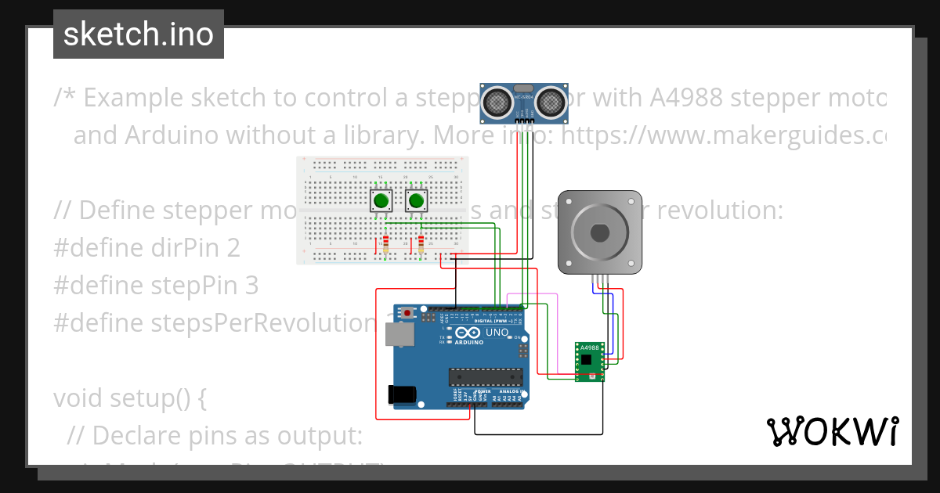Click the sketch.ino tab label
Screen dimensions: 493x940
click(139, 34)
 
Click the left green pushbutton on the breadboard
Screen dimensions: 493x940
click(381, 202)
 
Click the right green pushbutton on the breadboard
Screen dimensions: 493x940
click(417, 202)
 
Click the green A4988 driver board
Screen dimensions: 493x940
click(588, 362)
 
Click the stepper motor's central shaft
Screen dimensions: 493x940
click(599, 232)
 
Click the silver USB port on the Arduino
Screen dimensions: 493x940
click(400, 335)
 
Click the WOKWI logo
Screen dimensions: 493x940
click(833, 431)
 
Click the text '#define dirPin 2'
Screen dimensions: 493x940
click(146, 248)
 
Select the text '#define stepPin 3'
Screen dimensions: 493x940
click(156, 286)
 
